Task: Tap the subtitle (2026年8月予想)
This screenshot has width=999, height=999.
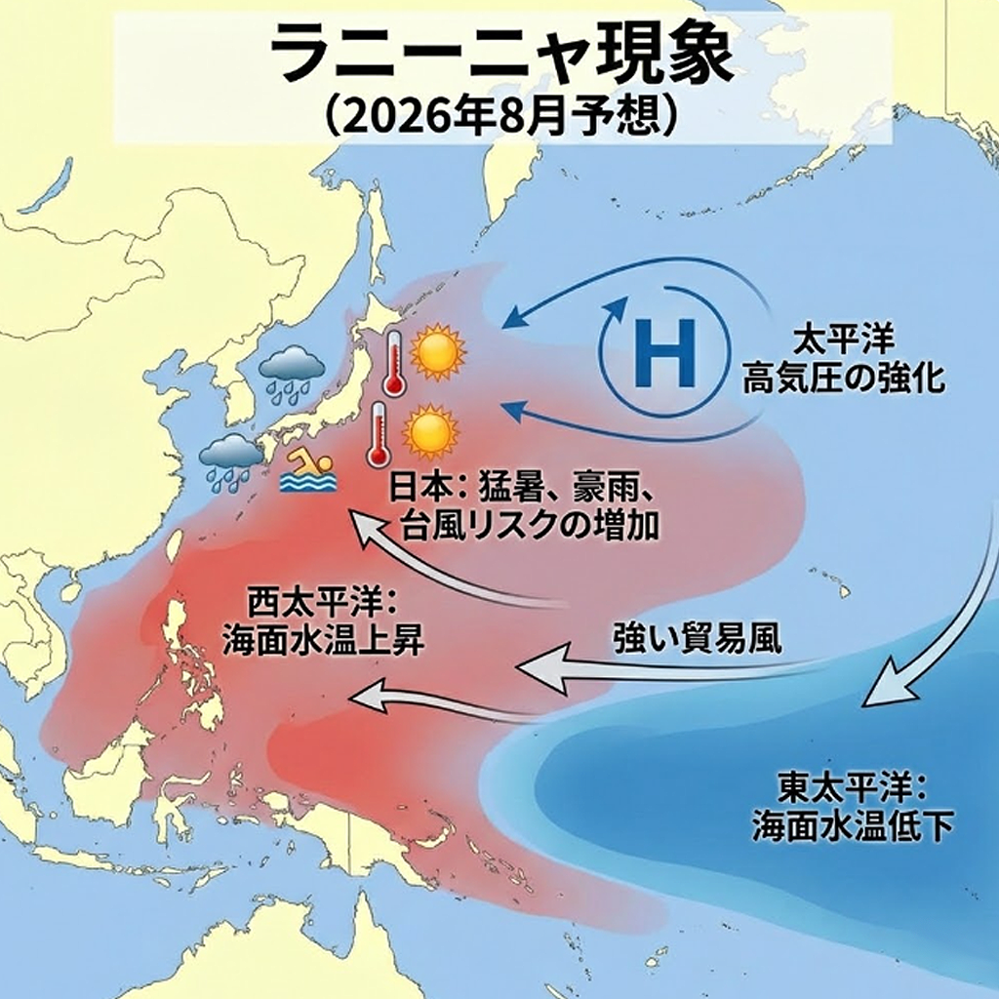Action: coord(499,116)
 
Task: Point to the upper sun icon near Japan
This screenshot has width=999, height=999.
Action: coord(437,353)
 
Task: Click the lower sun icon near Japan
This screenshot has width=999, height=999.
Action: coord(429,431)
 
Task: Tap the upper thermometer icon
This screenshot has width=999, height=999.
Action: coord(394,364)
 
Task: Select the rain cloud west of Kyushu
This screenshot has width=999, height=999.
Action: coord(230,460)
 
